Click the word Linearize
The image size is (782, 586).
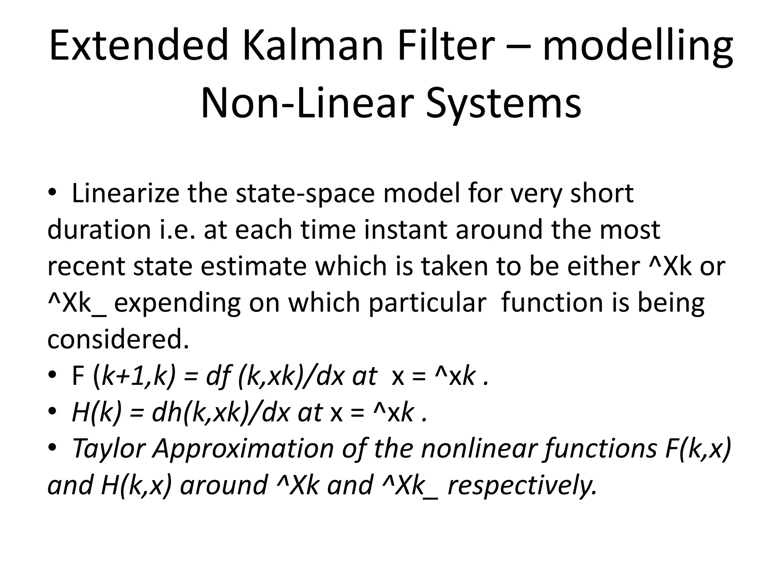125,193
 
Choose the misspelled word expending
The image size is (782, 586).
178,304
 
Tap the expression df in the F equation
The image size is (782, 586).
219,376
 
